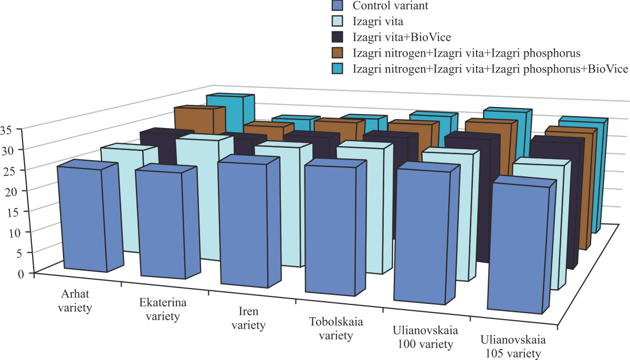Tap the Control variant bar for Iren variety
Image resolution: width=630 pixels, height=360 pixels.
point(244,226)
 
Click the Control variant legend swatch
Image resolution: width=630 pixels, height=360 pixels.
point(338,6)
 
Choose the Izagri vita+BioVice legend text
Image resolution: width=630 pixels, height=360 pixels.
point(402,37)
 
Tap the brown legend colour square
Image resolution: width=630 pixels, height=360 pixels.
point(338,53)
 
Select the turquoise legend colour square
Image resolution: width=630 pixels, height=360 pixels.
point(338,69)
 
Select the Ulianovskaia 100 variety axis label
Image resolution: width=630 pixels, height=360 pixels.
point(425,338)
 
